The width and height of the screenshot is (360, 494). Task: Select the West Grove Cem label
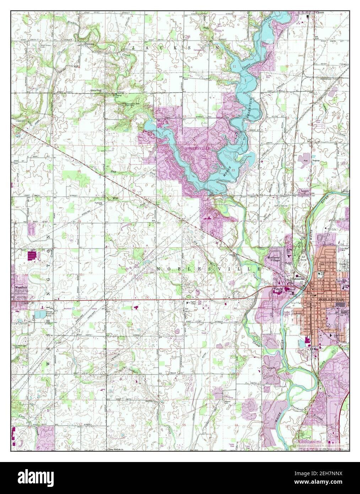point(47,47)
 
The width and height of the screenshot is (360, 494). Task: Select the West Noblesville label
point(300,278)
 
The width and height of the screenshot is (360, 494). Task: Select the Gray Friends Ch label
point(114,450)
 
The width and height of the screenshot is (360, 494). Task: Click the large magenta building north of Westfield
point(32,256)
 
